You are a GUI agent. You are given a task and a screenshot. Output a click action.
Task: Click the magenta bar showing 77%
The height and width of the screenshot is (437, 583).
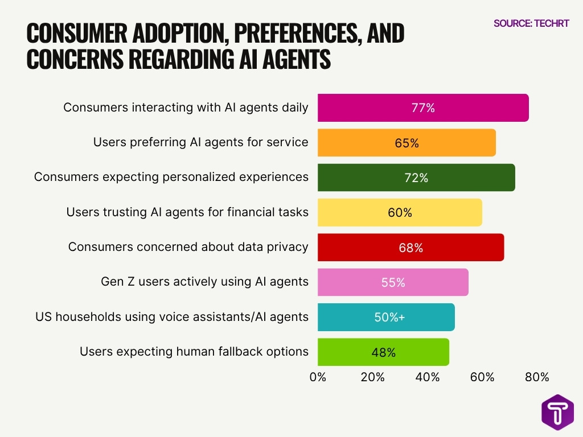pyautogui.click(x=422, y=108)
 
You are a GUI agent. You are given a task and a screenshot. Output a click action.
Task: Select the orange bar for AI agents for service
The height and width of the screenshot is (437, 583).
pyautogui.click(x=406, y=143)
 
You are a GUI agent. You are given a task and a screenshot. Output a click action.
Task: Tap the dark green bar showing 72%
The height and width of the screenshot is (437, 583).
pyautogui.click(x=416, y=178)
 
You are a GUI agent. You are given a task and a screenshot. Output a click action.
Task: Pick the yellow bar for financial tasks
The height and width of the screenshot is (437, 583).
pyautogui.click(x=399, y=213)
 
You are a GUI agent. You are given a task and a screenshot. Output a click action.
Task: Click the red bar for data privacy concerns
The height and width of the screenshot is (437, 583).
pyautogui.click(x=410, y=248)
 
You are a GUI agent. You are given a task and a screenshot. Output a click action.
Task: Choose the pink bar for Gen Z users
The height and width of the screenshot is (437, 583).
pyautogui.click(x=392, y=282)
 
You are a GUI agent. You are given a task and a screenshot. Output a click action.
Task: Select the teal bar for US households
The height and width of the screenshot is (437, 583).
pyautogui.click(x=385, y=318)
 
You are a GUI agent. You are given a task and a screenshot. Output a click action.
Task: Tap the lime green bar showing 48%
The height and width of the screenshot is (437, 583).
pyautogui.click(x=383, y=352)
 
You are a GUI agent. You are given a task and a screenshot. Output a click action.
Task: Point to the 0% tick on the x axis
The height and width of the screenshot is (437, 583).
pyautogui.click(x=318, y=377)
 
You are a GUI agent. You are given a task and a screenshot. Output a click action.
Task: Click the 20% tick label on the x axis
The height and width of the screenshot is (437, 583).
pyautogui.click(x=372, y=377)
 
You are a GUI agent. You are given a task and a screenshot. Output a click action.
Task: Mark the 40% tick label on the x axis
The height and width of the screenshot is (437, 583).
pyautogui.click(x=427, y=377)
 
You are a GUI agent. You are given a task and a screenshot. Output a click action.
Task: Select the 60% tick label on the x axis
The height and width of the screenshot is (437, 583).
pyautogui.click(x=482, y=377)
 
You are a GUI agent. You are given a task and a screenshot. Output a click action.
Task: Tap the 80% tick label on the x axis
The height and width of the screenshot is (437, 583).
pyautogui.click(x=536, y=377)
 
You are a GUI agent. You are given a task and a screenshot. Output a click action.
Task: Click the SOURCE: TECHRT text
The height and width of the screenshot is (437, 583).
pyautogui.click(x=531, y=23)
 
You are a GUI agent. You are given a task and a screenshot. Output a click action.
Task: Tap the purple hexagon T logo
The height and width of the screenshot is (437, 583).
pyautogui.click(x=557, y=411)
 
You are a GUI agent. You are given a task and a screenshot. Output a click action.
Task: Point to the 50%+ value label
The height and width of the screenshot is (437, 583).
pyautogui.click(x=389, y=318)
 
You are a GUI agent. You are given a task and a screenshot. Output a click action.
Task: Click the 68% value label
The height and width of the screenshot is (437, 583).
pyautogui.click(x=410, y=248)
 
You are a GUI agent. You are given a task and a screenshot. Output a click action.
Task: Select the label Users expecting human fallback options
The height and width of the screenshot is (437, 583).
pyautogui.click(x=194, y=352)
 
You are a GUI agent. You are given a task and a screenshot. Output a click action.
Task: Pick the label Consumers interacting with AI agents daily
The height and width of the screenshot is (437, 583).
pyautogui.click(x=186, y=108)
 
